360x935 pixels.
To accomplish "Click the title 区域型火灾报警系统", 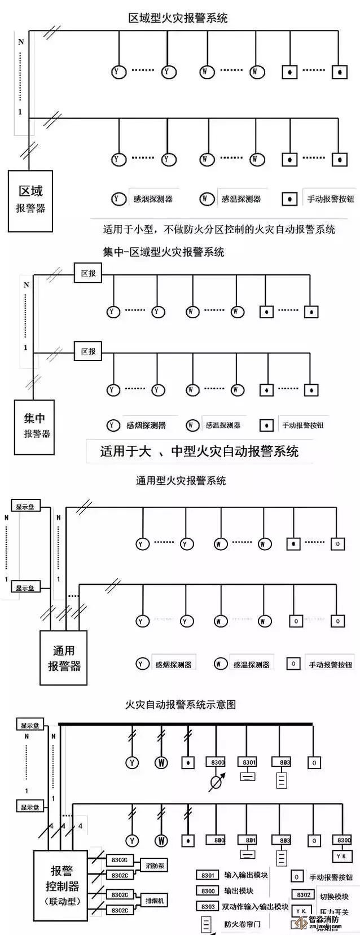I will click(x=178, y=17).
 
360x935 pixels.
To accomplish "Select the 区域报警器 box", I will click(x=30, y=201).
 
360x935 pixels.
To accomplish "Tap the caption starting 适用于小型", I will click(x=218, y=229).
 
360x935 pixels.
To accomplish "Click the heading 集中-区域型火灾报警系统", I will click(x=164, y=252).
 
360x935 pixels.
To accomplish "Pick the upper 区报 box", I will click(x=89, y=274).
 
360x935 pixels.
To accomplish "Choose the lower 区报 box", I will click(x=89, y=351).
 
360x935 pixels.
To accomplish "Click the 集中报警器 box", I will click(x=34, y=426).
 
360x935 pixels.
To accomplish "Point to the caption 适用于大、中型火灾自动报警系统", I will click(x=199, y=451).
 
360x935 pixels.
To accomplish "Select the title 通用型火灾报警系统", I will click(x=181, y=481).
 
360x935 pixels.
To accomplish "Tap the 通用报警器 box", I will click(x=63, y=658).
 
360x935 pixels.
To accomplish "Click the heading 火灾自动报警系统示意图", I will click(x=180, y=704).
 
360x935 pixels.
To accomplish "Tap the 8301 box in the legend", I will click(x=208, y=875).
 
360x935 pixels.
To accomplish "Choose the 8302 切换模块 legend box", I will click(x=304, y=895).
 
